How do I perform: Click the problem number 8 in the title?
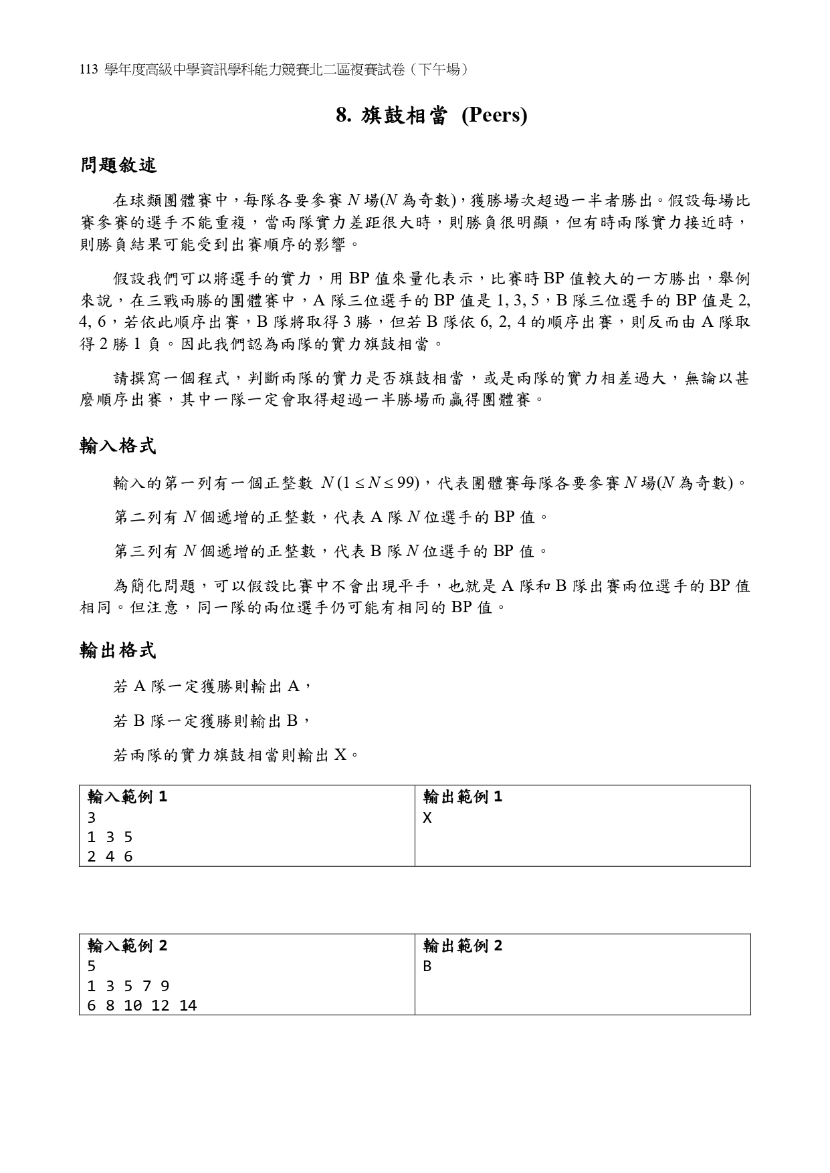click(x=342, y=116)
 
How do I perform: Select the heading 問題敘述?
click(x=118, y=165)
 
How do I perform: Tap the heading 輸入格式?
click(x=118, y=446)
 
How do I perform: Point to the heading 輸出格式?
click(x=118, y=650)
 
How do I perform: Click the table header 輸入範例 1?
click(x=127, y=797)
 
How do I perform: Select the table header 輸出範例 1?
click(x=463, y=797)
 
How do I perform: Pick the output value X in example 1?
click(x=427, y=817)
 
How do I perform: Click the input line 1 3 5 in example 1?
click(x=110, y=837)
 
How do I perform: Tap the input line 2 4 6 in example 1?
click(x=110, y=857)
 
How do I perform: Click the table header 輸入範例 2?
click(x=127, y=946)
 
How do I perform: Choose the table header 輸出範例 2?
click(x=463, y=946)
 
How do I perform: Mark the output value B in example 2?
click(x=427, y=966)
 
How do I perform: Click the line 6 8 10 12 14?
click(x=142, y=1005)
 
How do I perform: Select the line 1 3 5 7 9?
click(x=128, y=986)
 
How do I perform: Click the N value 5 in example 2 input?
click(x=92, y=966)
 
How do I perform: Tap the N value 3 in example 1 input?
click(x=92, y=817)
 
